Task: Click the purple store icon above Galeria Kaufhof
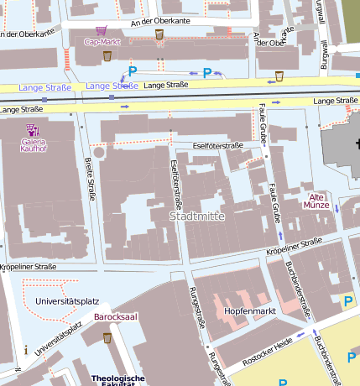click(x=33, y=129)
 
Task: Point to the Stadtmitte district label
click(x=198, y=216)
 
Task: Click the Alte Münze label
click(x=316, y=199)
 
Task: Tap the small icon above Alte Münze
click(x=316, y=188)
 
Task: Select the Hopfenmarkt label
click(x=249, y=310)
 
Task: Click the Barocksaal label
click(x=115, y=316)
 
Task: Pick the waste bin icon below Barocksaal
click(x=107, y=337)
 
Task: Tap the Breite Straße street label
click(x=90, y=179)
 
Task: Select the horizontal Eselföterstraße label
click(x=217, y=145)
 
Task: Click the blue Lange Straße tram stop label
click(x=112, y=86)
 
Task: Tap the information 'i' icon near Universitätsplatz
click(x=26, y=350)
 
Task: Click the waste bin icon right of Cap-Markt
click(x=159, y=34)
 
